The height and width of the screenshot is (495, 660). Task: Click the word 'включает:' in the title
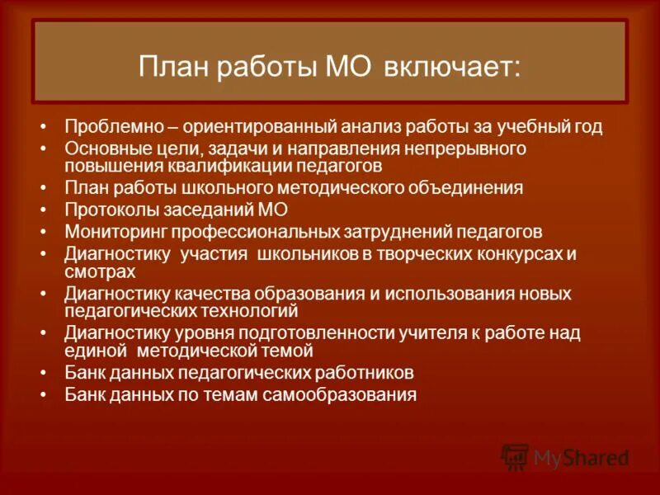[451, 67]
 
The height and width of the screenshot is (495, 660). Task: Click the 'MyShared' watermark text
[581, 457]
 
